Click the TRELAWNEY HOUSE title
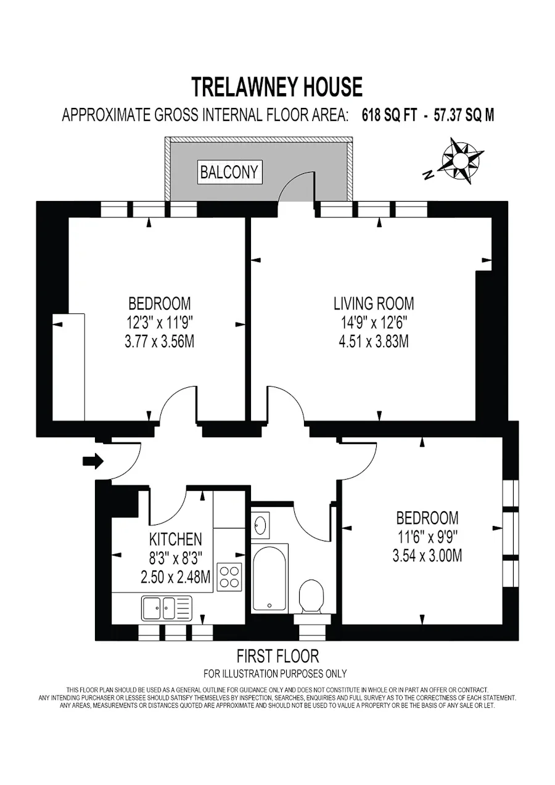(277, 88)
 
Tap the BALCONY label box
(229, 171)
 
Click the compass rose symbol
(462, 161)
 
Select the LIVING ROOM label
(374, 303)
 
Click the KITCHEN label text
(176, 539)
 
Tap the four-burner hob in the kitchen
(229, 577)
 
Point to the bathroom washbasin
(260, 525)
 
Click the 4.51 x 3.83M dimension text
(374, 342)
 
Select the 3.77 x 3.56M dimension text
(160, 342)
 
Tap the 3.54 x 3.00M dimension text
(427, 556)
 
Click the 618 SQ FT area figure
(389, 115)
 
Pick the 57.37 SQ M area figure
(464, 115)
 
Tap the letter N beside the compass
(429, 175)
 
